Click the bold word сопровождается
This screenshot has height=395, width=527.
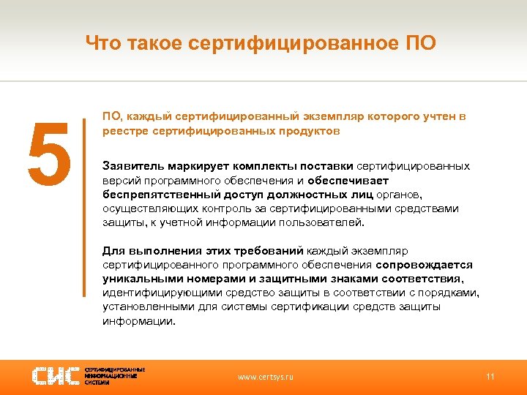coord(425,265)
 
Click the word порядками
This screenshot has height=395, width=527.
coord(452,293)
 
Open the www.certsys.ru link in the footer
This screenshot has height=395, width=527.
coord(266,377)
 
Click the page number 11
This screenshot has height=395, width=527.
coord(490,377)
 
